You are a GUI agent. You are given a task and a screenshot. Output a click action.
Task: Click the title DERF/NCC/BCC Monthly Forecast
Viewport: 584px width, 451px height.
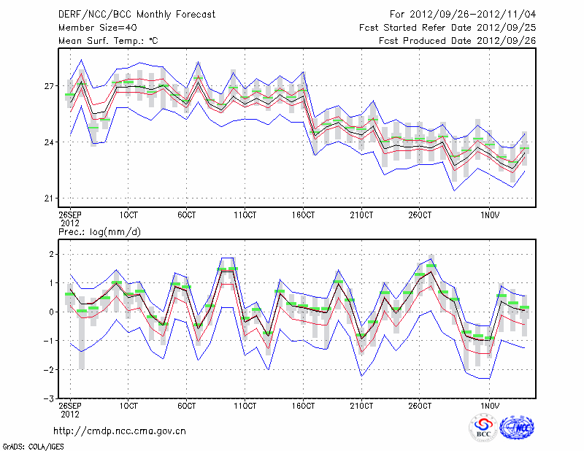tap(137, 14)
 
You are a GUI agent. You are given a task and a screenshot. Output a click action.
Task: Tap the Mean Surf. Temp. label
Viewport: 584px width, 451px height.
tap(108, 41)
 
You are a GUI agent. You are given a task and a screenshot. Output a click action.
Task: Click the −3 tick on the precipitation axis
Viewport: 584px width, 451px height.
tap(50, 398)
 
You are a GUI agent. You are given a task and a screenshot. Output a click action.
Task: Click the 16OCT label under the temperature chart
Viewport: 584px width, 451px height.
tap(303, 215)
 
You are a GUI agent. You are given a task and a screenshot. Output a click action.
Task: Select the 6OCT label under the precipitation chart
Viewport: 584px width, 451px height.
tap(186, 405)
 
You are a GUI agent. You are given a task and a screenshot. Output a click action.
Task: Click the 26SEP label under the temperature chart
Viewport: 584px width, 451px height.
tap(69, 215)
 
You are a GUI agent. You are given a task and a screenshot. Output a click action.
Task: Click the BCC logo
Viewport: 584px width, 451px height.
tap(483, 428)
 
